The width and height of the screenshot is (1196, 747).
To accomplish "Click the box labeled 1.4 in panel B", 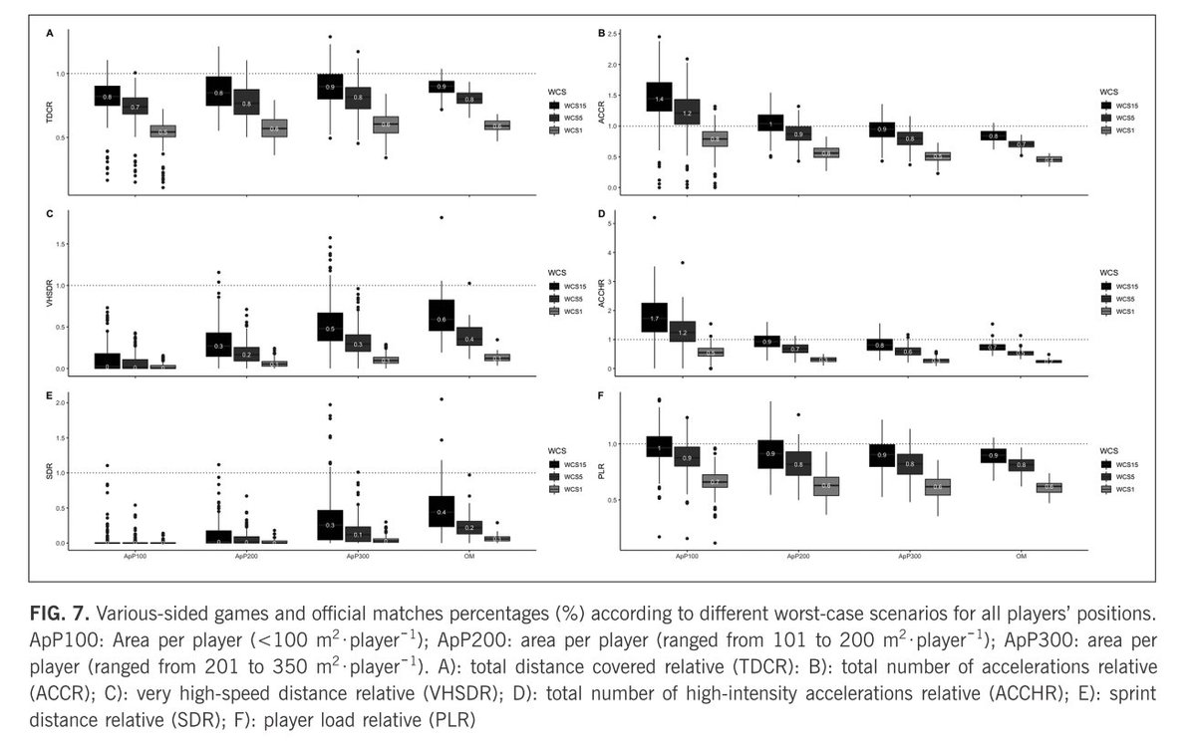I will (659, 98).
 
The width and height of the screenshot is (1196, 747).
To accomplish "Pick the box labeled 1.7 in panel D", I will (654, 318).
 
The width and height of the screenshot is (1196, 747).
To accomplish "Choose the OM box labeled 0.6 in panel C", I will (441, 319).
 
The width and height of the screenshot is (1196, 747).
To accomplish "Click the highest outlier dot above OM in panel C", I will (441, 217).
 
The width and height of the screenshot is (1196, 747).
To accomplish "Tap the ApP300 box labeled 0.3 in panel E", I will (330, 524).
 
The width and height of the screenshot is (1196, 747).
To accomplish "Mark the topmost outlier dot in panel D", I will (654, 217).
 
